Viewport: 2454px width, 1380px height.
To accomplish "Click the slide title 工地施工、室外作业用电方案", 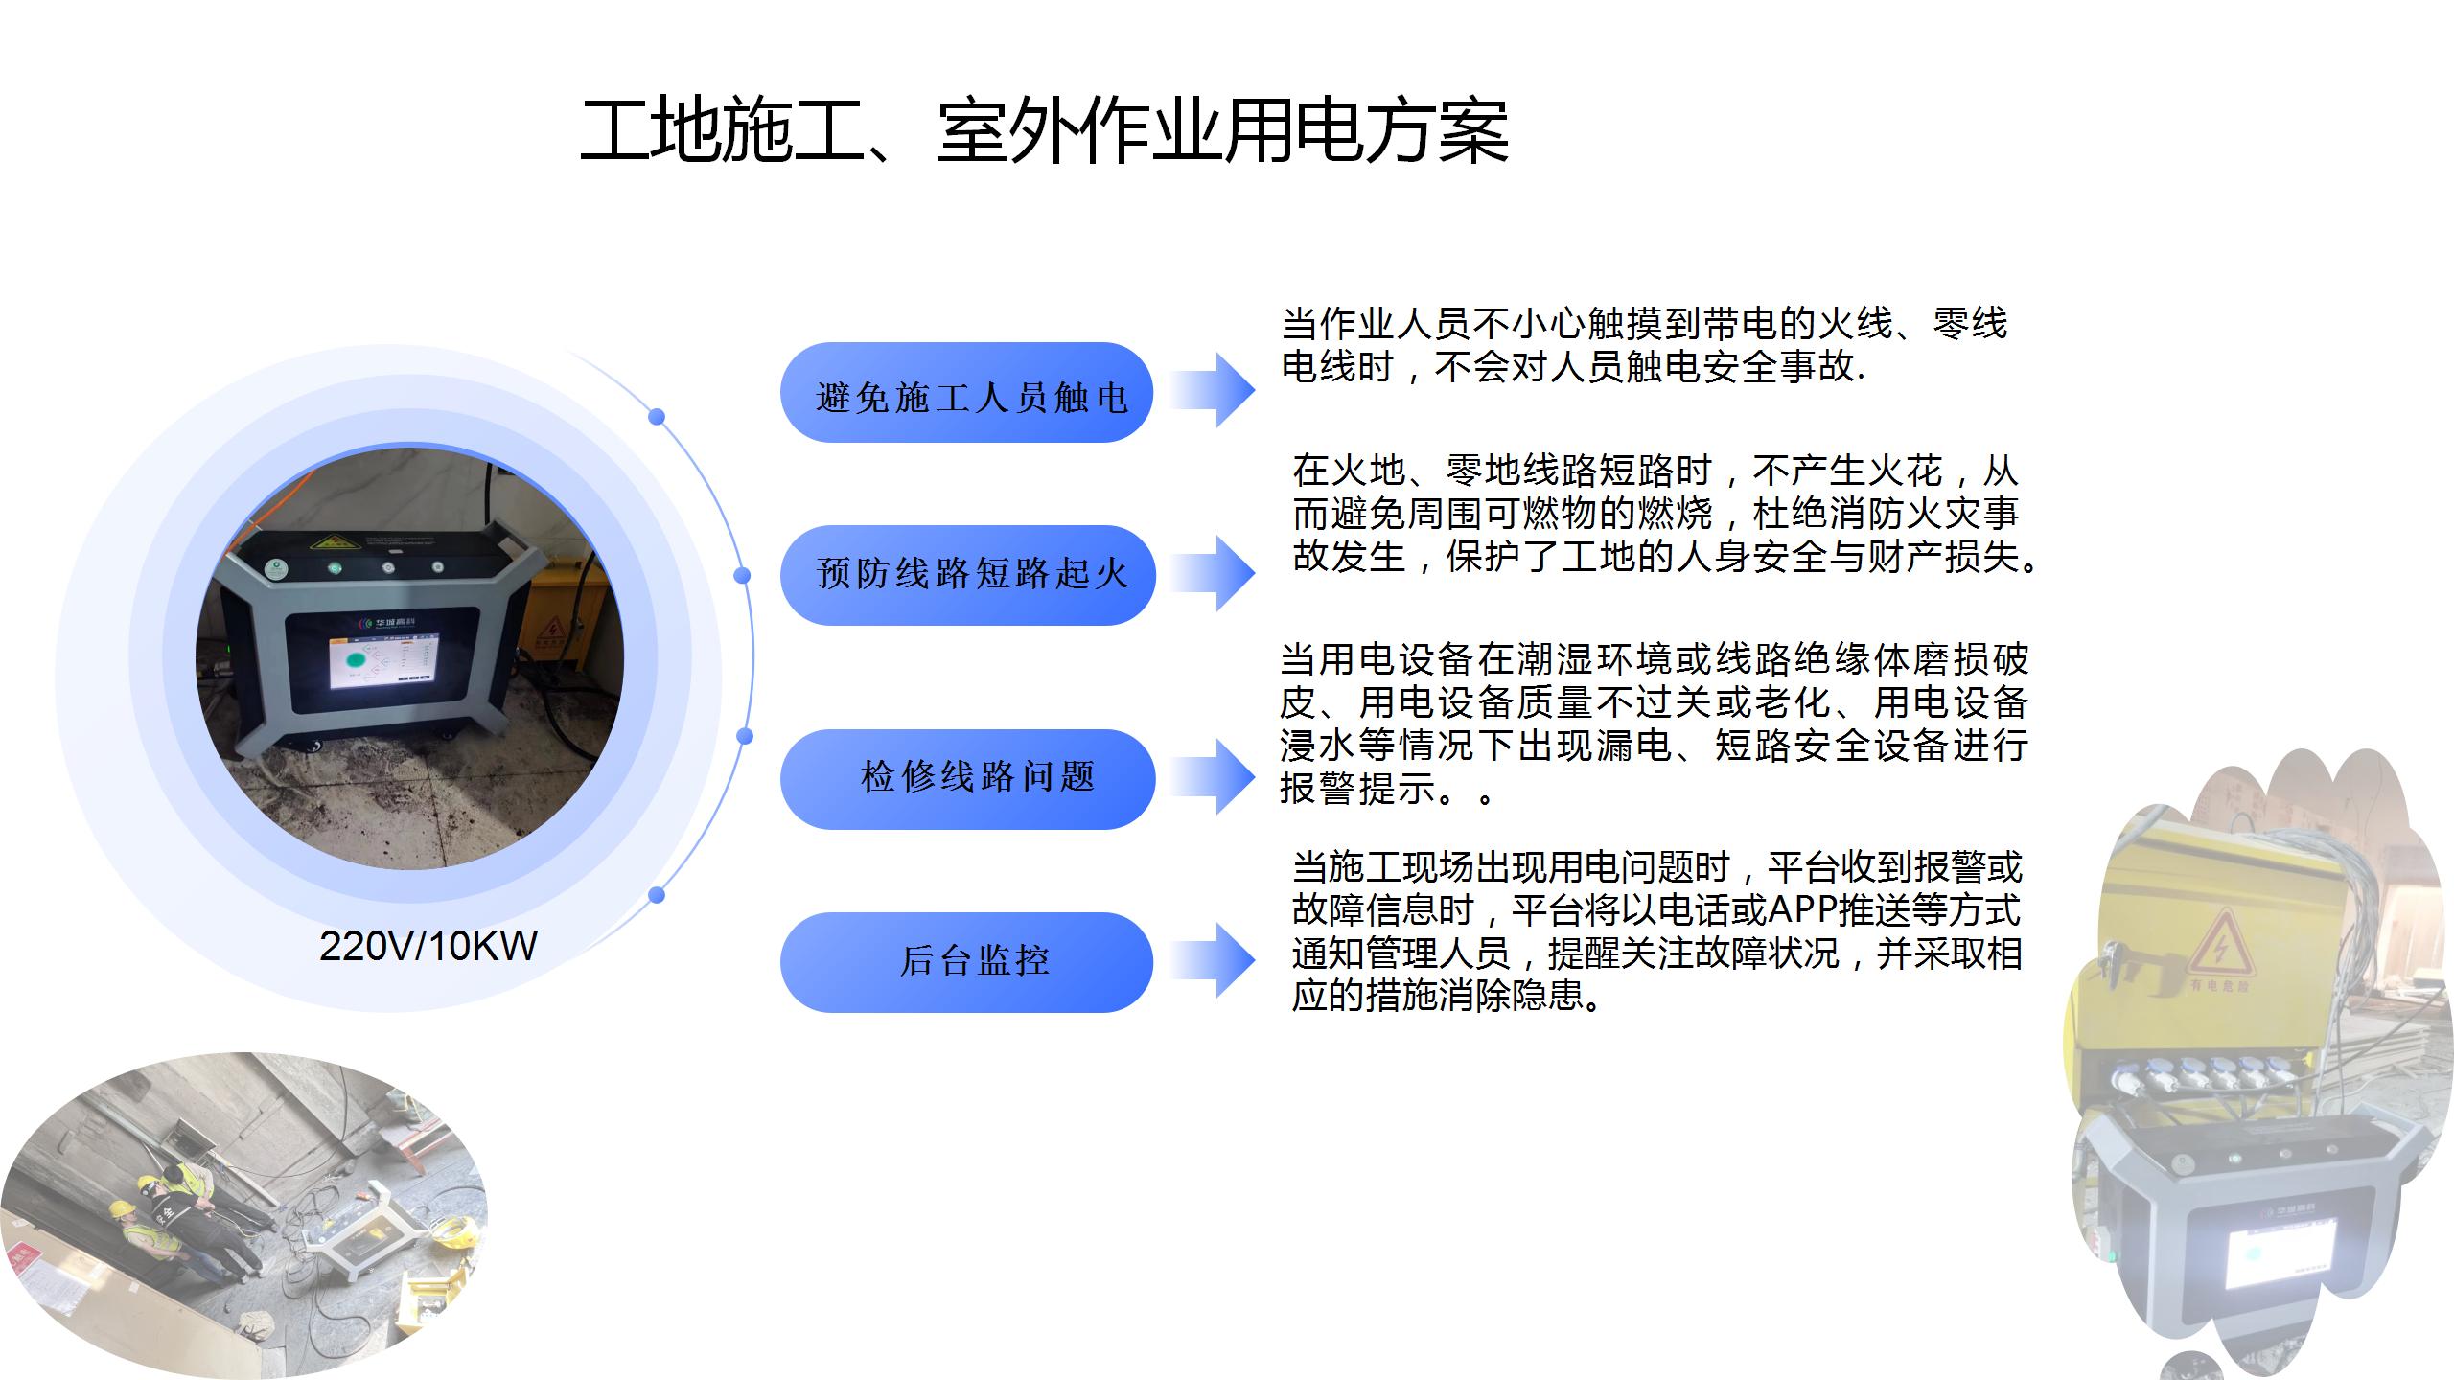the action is click(1045, 131).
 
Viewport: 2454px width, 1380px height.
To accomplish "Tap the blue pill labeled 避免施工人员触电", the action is click(967, 393).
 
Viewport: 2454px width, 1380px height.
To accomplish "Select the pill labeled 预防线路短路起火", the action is click(967, 575).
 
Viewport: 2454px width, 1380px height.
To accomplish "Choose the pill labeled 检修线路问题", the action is click(967, 779).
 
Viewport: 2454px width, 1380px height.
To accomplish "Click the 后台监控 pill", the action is click(967, 962).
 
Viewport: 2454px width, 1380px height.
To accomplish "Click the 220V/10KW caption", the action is click(428, 946).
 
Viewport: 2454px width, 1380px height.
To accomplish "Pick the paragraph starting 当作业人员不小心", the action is click(1644, 345).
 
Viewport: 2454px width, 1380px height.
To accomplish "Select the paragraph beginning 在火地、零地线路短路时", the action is click(1666, 514).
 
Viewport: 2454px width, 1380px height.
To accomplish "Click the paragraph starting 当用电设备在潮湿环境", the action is click(1654, 724).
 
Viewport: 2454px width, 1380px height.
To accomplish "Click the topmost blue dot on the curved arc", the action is click(657, 417).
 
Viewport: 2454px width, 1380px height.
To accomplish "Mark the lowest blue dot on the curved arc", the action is click(657, 895).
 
